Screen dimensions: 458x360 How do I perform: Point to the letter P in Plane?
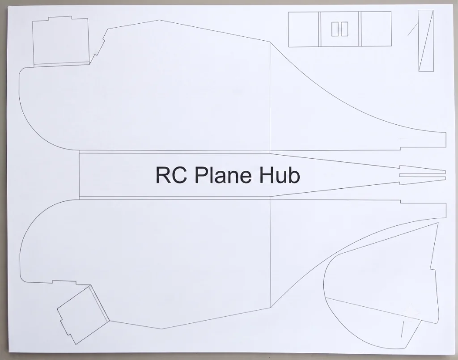[201, 175]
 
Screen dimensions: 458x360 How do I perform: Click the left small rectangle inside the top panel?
[335, 29]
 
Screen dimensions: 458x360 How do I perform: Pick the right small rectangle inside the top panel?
[344, 29]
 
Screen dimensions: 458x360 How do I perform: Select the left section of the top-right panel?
[304, 30]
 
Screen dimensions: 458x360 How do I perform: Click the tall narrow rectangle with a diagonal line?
[426, 41]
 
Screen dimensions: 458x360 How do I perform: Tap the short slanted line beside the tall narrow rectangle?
[413, 29]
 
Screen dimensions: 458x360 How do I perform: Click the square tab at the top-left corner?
[61, 41]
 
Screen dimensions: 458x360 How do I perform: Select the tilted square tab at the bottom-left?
[83, 315]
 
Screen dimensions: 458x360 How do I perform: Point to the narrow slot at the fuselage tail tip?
[422, 175]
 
